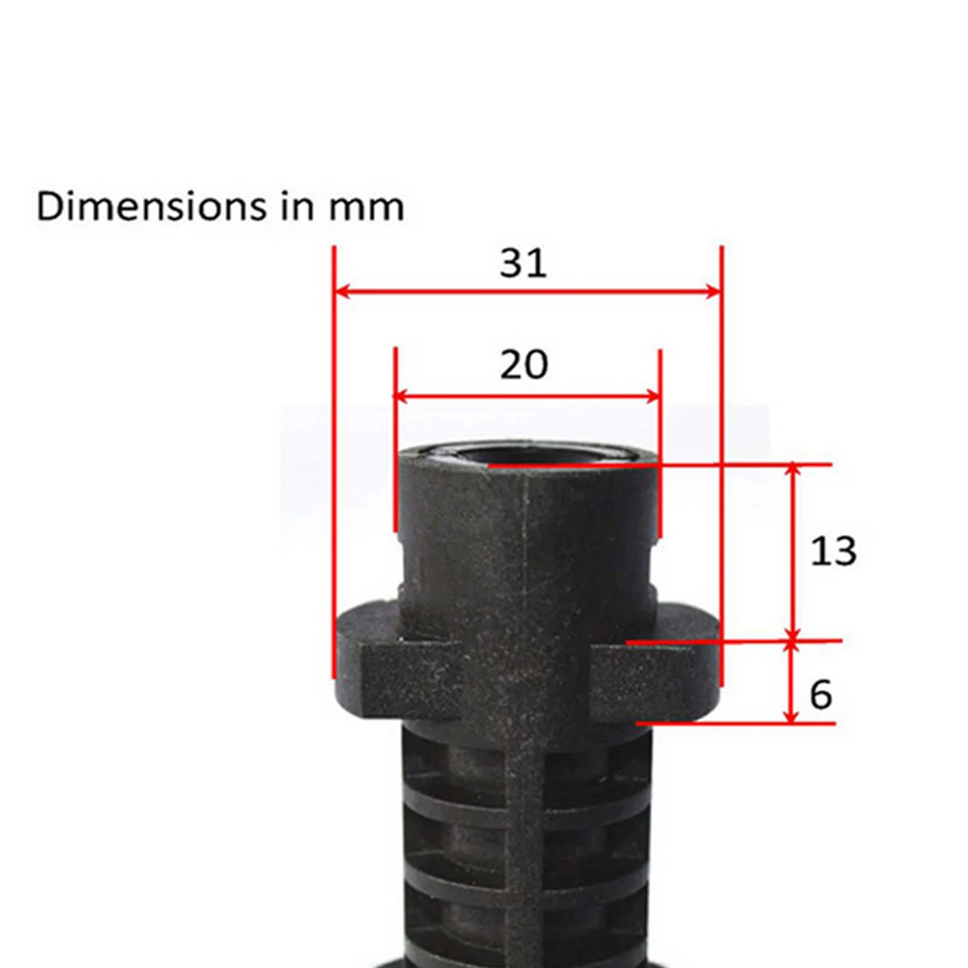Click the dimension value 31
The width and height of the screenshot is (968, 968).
coord(523,264)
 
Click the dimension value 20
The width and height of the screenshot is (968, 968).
coord(524,365)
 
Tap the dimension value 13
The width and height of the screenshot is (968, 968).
coord(832,552)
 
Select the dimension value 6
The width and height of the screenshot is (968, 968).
coord(820,695)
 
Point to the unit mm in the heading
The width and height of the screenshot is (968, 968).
coord(365,208)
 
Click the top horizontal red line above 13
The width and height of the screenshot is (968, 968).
coord(726,465)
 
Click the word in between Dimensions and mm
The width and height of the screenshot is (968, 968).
coord(296,207)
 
